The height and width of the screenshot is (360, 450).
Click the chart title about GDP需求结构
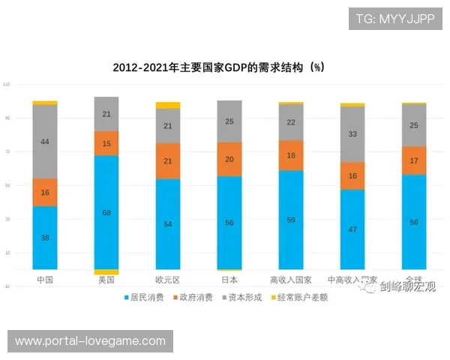(218, 67)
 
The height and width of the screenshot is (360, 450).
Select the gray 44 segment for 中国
(45, 142)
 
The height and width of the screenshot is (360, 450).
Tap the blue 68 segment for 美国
(106, 212)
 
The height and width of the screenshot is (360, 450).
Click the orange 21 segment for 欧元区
(168, 161)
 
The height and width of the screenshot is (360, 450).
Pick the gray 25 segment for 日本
(229, 121)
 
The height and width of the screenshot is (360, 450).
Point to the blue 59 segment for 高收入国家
(291, 220)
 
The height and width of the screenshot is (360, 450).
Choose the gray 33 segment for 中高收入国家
(352, 134)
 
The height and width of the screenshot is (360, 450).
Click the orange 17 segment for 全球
(414, 160)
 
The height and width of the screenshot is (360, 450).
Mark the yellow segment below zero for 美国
(106, 272)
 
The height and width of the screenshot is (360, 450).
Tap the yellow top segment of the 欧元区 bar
(168, 106)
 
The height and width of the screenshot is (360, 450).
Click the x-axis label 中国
(45, 280)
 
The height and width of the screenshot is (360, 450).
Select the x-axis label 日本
(229, 280)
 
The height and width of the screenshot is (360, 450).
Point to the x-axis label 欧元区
(168, 280)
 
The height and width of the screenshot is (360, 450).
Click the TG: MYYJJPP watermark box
(395, 19)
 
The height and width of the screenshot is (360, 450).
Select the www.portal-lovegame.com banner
(90, 341)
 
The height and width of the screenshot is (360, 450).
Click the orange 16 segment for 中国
(45, 192)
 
